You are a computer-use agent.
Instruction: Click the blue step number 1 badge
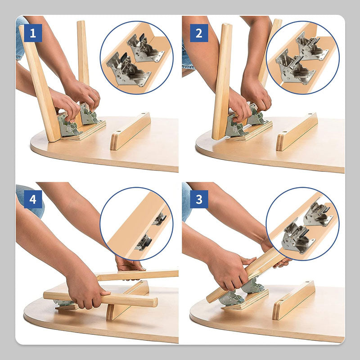coord(33,33)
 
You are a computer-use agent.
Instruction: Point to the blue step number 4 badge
coord(33,199)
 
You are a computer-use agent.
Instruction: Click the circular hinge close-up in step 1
coord(136,57)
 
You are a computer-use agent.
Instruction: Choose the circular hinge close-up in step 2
coord(302,57)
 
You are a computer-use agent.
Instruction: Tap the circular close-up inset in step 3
coord(302,224)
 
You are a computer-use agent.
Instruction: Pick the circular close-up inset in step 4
coord(136,224)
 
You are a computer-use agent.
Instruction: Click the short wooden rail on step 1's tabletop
coord(130,131)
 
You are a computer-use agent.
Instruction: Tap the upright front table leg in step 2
coord(222,81)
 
